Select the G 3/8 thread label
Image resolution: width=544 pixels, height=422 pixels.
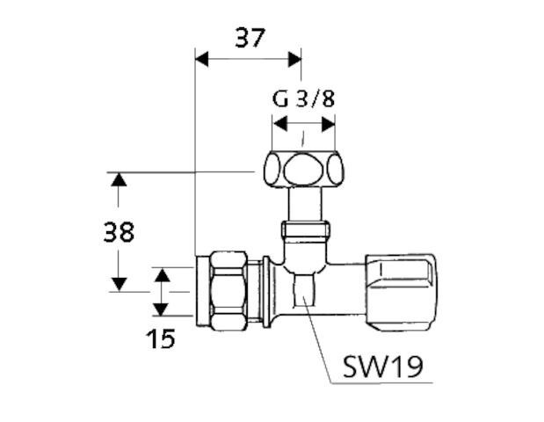click(303, 98)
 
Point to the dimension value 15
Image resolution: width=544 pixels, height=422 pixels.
click(161, 337)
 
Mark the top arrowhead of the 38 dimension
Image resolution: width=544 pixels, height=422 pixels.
click(118, 179)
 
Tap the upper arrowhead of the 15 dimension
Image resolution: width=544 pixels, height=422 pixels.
click(160, 275)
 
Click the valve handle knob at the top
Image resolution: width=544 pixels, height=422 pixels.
click(302, 170)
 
